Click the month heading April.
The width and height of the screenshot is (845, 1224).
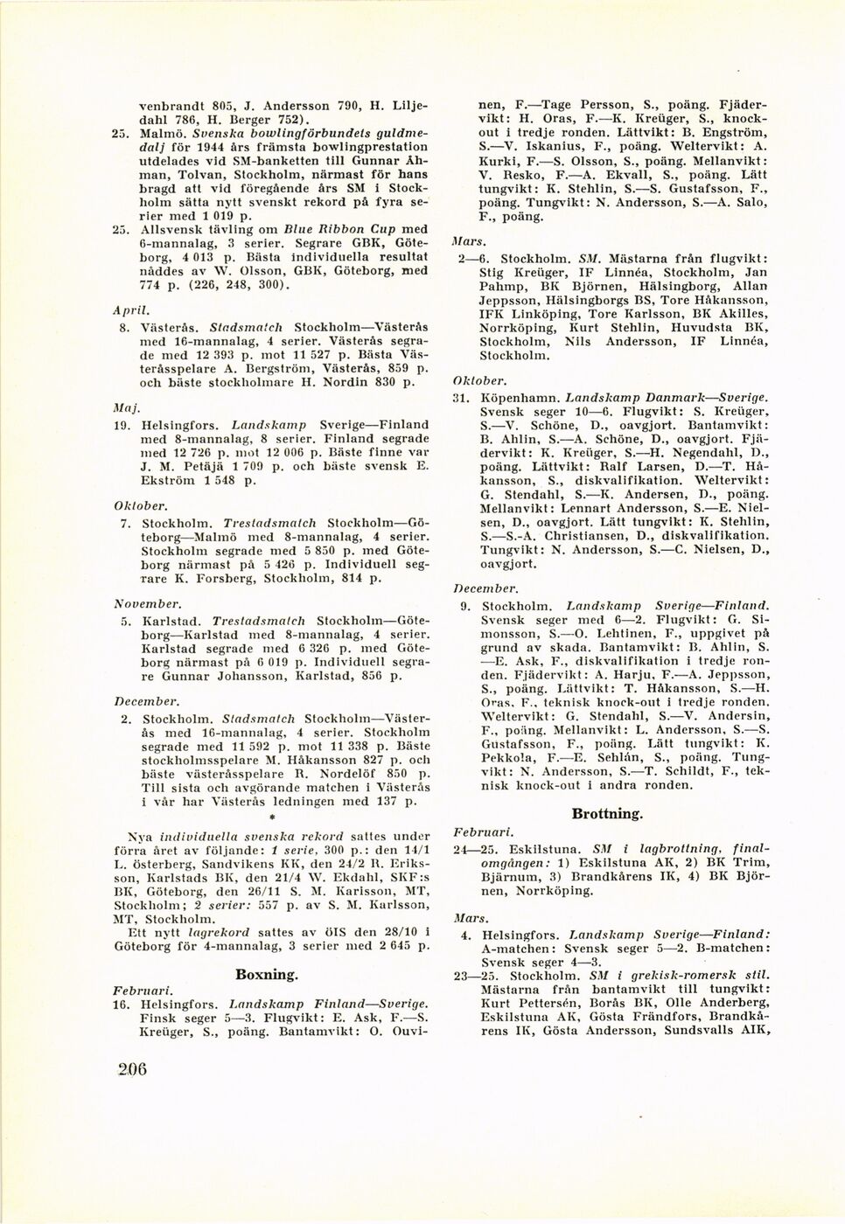click(x=129, y=309)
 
